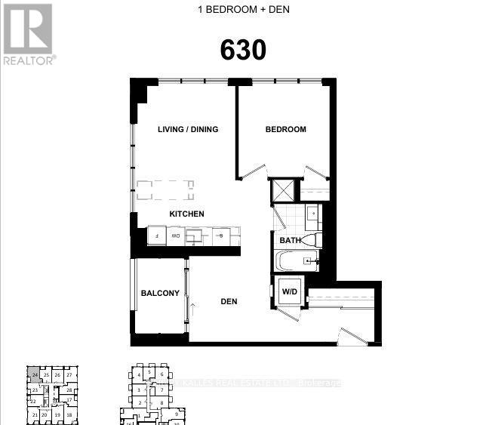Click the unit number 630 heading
(x=243, y=50)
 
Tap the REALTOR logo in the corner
(x=28, y=34)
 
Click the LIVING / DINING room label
(x=188, y=129)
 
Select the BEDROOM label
(x=285, y=129)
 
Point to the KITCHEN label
(x=186, y=214)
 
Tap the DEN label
(x=229, y=301)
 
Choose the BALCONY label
(x=160, y=293)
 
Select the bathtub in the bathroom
(x=296, y=261)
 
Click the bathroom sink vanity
(x=311, y=214)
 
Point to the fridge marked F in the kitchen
(x=156, y=236)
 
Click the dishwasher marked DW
(x=175, y=236)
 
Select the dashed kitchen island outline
(x=164, y=188)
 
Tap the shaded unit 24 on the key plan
(x=35, y=374)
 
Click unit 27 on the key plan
(x=69, y=374)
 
